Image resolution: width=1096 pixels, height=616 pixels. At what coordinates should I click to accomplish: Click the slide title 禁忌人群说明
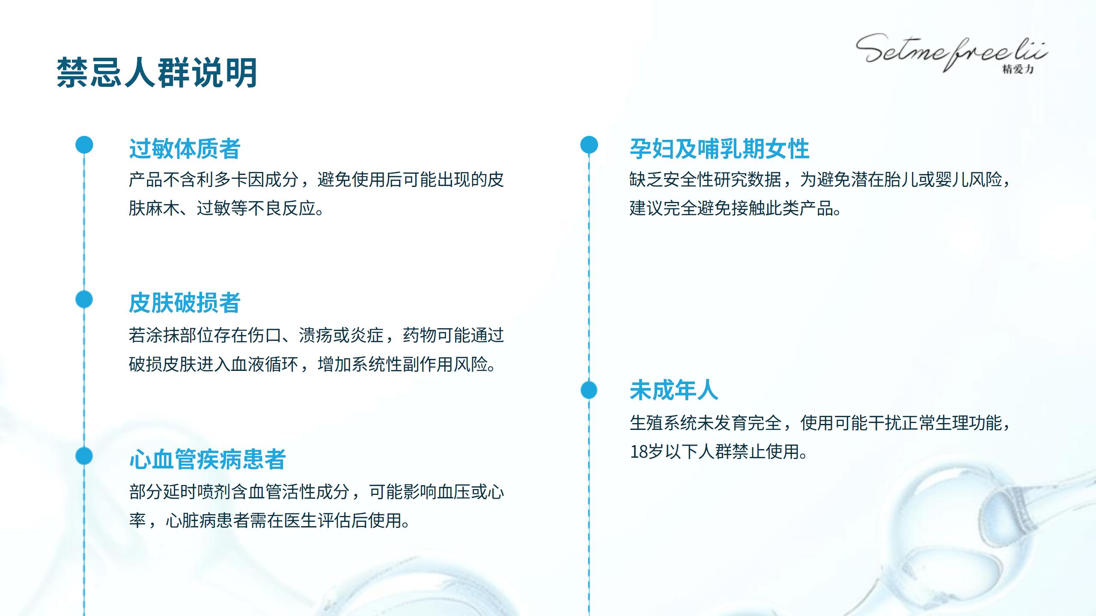coord(157,73)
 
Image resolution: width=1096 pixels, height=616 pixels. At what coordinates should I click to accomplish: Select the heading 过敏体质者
coord(185,149)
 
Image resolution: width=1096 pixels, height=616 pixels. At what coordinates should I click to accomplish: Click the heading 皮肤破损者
coord(185,303)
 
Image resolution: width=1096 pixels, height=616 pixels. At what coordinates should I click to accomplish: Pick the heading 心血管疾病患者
coord(207,459)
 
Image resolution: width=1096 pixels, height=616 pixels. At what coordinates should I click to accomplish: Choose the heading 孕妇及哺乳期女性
coord(719,149)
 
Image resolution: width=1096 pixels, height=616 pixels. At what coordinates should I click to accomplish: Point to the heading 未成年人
coord(674,390)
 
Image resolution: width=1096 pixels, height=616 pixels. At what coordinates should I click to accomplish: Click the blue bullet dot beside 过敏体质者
coord(84,145)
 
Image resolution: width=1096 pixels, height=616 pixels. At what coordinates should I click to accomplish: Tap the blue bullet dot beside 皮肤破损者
coord(84,299)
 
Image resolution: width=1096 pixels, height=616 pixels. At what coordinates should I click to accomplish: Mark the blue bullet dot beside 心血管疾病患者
coord(84,456)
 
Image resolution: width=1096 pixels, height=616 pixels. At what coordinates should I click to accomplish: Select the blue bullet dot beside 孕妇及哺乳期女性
coord(589,145)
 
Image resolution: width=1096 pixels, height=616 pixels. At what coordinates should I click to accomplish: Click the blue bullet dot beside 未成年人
coord(589,390)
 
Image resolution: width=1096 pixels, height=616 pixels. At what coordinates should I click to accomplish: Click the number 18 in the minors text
coord(638,452)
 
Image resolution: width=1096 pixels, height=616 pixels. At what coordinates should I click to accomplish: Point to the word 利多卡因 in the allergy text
coord(231,180)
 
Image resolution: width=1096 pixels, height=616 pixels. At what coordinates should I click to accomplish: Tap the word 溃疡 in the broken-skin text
coord(316,335)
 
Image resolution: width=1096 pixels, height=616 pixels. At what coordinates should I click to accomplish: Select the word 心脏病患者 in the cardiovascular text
coord(207,521)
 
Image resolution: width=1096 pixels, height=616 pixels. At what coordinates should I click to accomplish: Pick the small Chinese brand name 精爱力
coord(1018,69)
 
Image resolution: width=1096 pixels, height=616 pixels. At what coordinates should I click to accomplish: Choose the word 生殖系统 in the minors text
coord(663,423)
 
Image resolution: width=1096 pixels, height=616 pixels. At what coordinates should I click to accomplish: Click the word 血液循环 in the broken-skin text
coord(265,364)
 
